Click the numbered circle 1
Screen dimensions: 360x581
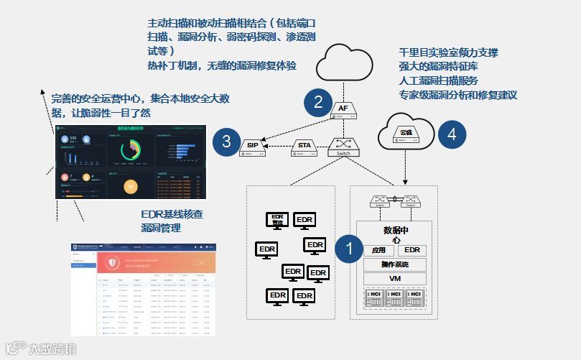click(350, 249)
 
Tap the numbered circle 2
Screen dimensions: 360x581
click(318, 102)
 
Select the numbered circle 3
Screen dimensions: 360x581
click(227, 141)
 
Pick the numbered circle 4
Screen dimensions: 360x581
click(452, 134)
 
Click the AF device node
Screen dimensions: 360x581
click(343, 110)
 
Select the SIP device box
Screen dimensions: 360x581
click(253, 147)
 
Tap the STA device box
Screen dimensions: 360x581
click(305, 148)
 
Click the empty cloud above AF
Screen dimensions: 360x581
click(343, 63)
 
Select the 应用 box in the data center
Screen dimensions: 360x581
click(378, 251)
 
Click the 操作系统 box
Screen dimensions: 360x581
click(396, 264)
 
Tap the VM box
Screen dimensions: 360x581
click(396, 279)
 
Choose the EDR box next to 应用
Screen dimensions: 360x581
click(412, 250)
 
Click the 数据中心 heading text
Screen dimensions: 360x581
click(396, 235)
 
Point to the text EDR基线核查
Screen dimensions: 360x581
click(172, 214)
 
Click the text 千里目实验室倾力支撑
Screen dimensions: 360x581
click(448, 52)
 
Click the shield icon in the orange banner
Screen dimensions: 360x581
click(111, 262)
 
